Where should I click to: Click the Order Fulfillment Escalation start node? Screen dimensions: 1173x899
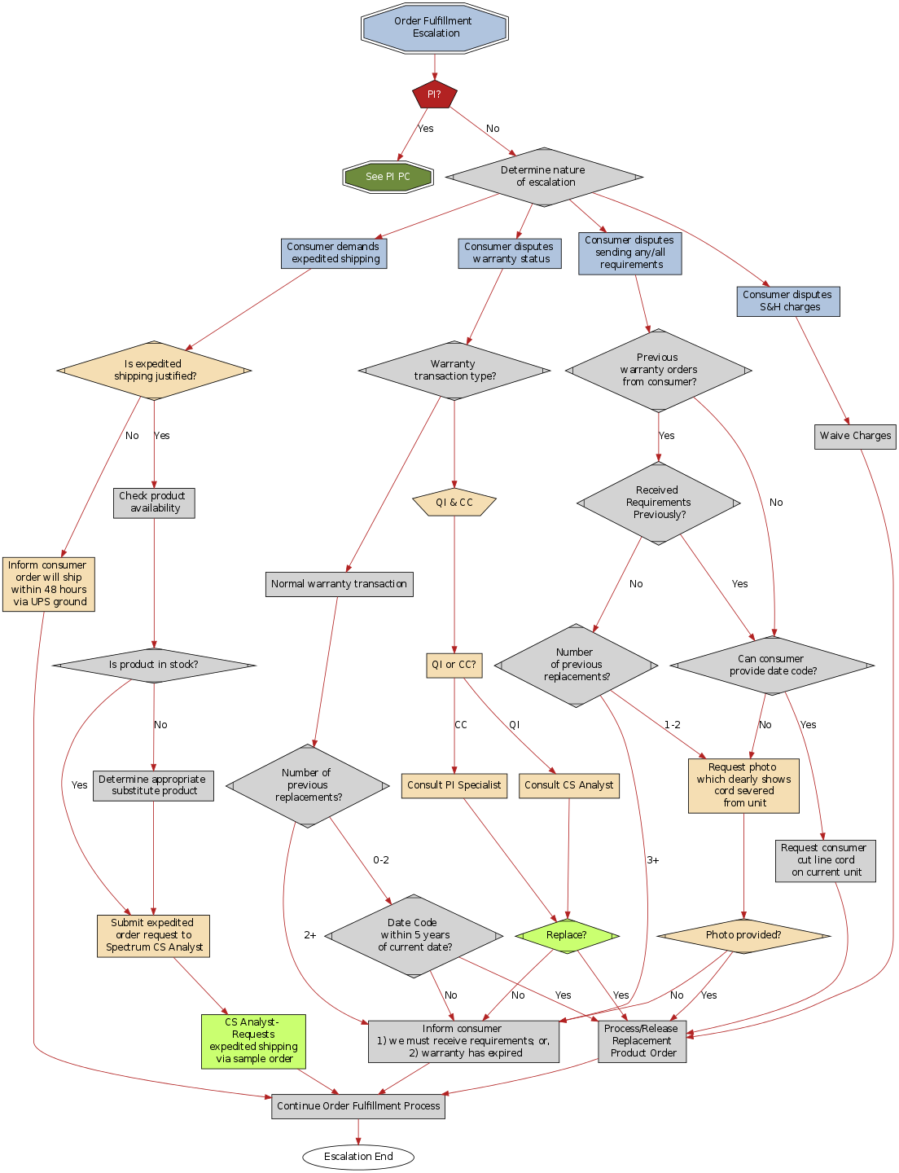(x=435, y=28)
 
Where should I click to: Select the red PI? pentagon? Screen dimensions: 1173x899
(x=434, y=94)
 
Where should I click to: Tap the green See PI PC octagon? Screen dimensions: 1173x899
(x=388, y=177)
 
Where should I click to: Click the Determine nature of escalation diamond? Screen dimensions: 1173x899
(x=544, y=177)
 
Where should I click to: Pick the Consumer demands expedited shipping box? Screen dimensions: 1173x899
(x=335, y=253)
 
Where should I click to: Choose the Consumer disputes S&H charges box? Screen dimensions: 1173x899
(x=787, y=301)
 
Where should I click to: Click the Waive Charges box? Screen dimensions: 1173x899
(x=855, y=436)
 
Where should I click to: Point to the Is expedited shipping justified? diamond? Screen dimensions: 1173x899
(x=154, y=371)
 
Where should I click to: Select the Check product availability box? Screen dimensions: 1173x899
(x=154, y=503)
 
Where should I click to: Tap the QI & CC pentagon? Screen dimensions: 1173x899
(x=454, y=503)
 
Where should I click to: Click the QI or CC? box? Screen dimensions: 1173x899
(x=454, y=665)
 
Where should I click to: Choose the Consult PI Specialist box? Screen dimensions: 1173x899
(x=454, y=785)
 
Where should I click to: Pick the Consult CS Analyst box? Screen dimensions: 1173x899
(x=569, y=785)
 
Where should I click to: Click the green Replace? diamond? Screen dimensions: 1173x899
(x=567, y=935)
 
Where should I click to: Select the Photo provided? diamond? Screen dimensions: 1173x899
(x=743, y=935)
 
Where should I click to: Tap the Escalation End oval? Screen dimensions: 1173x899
(x=358, y=1157)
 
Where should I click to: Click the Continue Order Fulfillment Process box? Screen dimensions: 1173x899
(x=358, y=1106)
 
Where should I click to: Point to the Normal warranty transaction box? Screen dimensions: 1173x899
(x=339, y=584)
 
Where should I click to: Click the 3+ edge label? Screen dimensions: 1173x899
(x=653, y=860)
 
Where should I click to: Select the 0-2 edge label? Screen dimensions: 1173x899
(x=381, y=860)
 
